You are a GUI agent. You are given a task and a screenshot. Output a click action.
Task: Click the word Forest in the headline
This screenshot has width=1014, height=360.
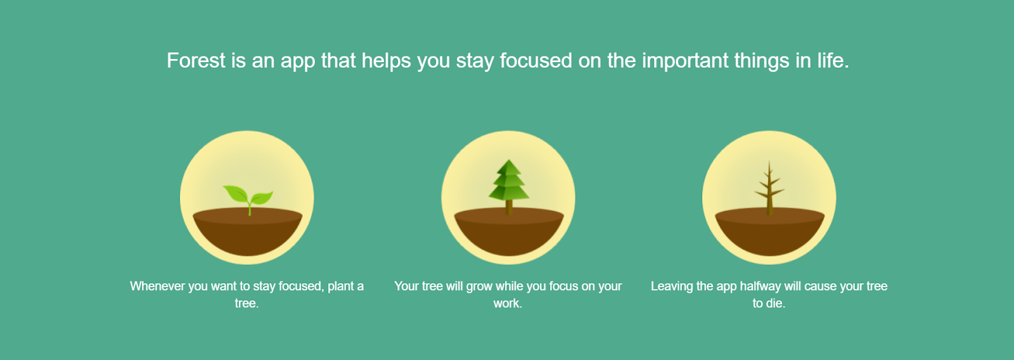pyautogui.click(x=196, y=61)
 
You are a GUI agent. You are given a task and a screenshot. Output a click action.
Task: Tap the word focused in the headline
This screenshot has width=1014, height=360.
pyautogui.click(x=536, y=61)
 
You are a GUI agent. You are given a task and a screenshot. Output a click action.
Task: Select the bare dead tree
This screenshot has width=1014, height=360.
pyautogui.click(x=769, y=187)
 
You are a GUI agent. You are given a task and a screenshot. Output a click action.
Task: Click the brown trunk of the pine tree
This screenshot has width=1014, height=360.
pyautogui.click(x=508, y=208)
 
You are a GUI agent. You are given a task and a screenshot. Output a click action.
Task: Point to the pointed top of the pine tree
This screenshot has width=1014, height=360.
pyautogui.click(x=508, y=162)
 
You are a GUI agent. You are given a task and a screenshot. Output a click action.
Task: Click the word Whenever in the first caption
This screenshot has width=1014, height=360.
pyautogui.click(x=158, y=286)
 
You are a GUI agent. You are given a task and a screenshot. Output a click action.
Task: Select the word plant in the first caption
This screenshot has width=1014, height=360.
pyautogui.click(x=341, y=286)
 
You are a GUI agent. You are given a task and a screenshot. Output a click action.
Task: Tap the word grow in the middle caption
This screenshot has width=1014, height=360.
pyautogui.click(x=479, y=286)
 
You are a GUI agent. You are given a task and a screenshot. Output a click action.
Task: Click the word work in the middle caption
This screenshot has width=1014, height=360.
pyautogui.click(x=506, y=304)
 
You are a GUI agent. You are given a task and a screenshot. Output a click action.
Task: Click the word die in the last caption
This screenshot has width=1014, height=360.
pyautogui.click(x=774, y=304)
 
